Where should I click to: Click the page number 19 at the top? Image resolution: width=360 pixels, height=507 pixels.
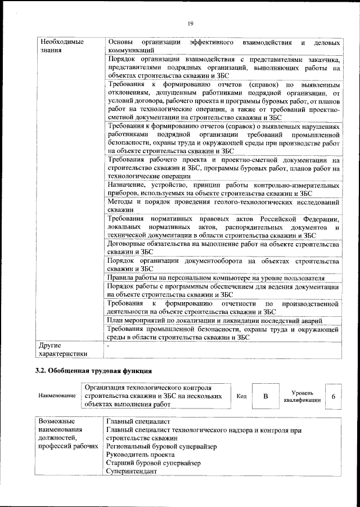click(x=191, y=23)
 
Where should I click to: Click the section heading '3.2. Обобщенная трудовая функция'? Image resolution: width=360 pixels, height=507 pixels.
click(x=93, y=371)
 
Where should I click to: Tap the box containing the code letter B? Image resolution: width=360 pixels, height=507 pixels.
click(x=265, y=396)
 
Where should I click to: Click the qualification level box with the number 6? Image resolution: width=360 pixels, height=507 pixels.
click(x=334, y=396)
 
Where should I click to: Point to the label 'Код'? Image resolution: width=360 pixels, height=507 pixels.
click(x=241, y=396)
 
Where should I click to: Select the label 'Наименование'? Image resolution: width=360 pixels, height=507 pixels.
click(x=57, y=396)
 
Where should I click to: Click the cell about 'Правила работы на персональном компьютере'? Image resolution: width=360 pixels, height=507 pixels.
click(x=215, y=278)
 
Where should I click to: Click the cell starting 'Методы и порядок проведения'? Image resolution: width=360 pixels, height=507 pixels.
click(x=223, y=205)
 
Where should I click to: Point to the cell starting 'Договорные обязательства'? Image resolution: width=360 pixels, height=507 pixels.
click(x=223, y=249)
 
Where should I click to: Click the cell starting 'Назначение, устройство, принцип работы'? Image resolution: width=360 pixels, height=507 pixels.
click(x=223, y=189)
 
